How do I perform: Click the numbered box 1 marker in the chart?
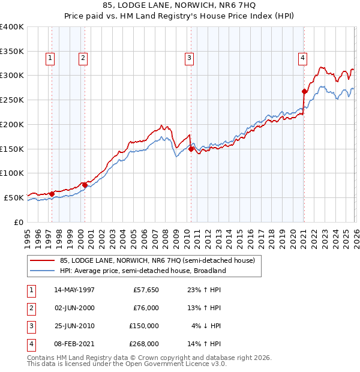49,58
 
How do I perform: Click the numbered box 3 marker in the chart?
189,58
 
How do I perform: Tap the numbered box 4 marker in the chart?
302,58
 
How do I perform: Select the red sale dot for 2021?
304,92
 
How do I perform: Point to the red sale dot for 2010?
191,149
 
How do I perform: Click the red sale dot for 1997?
52,194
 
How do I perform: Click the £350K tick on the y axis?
12,52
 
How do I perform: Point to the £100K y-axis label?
12,173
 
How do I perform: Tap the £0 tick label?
17,222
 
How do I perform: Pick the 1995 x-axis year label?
28,238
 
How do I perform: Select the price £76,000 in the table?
145,308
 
